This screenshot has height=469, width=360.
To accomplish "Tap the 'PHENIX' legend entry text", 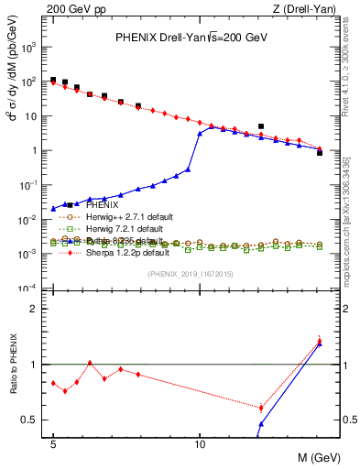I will coord(89,205).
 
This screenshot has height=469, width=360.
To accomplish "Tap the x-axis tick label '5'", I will coord(54,442).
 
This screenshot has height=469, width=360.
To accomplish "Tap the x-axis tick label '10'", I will coord(200,442).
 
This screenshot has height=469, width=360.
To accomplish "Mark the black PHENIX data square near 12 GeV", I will coord(261,126).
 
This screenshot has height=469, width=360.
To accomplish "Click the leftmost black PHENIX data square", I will coord(53,80).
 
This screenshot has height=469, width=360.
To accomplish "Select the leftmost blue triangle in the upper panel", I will coord(53,209).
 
